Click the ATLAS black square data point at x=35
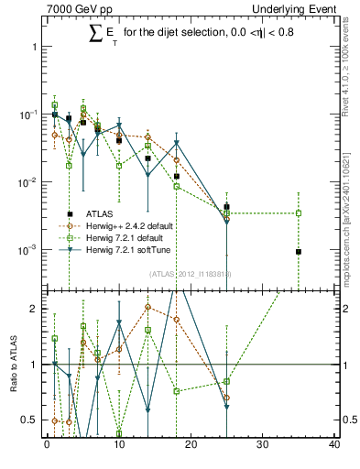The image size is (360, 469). [x=299, y=252]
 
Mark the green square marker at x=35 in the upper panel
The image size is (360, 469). [x=299, y=213]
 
